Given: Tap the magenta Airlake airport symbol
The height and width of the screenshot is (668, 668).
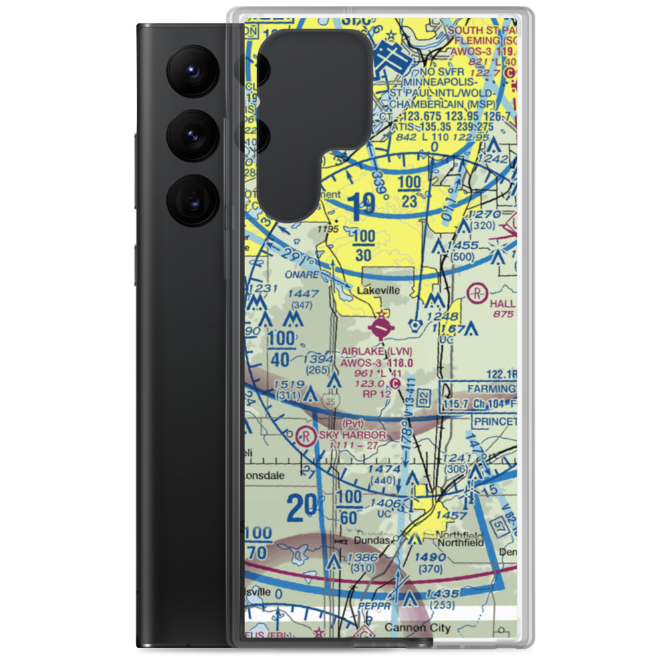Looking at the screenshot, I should [381, 327].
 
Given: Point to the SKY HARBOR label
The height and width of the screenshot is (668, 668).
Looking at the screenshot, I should [352, 435].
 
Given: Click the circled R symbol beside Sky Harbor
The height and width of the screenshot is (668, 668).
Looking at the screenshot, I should [306, 436].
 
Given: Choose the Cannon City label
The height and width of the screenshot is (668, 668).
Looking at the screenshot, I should [418, 628].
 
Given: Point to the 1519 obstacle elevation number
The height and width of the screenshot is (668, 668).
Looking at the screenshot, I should [289, 385].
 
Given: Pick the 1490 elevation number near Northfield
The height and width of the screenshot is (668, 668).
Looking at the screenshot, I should [430, 557].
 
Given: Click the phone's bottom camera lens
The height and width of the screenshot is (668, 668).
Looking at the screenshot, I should [192, 198].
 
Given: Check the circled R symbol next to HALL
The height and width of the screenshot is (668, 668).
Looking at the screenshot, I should [476, 292].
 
